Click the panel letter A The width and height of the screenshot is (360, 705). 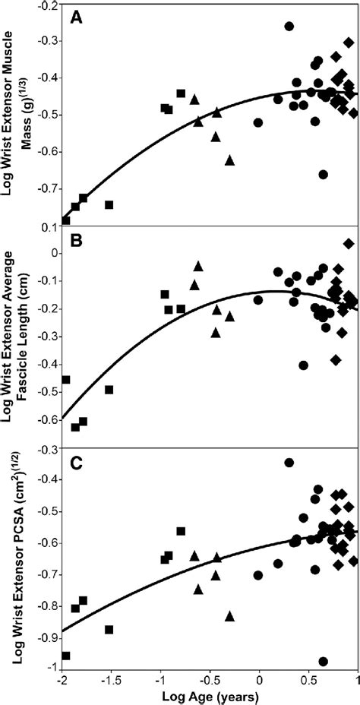[76, 16]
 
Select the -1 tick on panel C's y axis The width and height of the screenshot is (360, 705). [53, 667]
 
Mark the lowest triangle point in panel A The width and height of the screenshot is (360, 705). [230, 160]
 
